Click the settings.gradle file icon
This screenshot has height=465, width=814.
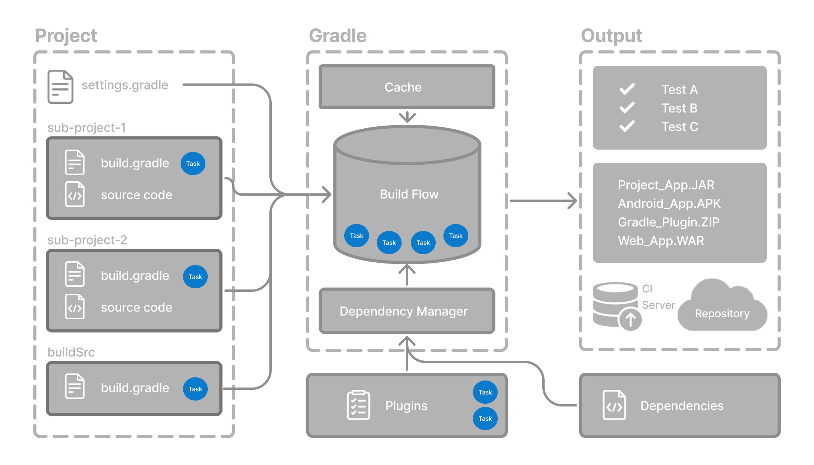pos(60,86)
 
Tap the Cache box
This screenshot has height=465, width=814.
pos(407,87)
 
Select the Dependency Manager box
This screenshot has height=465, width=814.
pos(407,311)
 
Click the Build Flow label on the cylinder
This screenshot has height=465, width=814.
pos(409,194)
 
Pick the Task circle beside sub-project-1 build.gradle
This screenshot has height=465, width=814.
pos(193,164)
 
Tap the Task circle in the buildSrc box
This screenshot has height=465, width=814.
pos(195,389)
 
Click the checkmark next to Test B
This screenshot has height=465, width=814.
pos(627,108)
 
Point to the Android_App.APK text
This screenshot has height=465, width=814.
pos(669,203)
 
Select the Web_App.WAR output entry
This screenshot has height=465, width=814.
pos(661,241)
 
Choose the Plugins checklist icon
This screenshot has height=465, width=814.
pos(358,405)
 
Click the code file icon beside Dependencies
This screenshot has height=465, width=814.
pos(614,405)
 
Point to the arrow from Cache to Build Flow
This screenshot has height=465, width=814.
pos(407,117)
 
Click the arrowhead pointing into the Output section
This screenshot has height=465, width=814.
pos(573,201)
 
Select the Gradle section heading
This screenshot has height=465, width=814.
pos(338,36)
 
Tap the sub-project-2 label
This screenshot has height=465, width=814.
pos(87,240)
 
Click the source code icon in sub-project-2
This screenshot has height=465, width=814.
pos(75,307)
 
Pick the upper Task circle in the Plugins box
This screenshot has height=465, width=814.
pos(485,392)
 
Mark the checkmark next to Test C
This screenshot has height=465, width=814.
pos(627,126)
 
